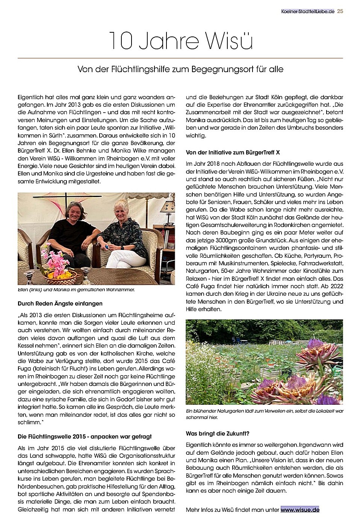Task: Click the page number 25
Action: pos(340,11)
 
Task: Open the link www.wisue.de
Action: pos(300,510)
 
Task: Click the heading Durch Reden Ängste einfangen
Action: pos(60,303)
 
